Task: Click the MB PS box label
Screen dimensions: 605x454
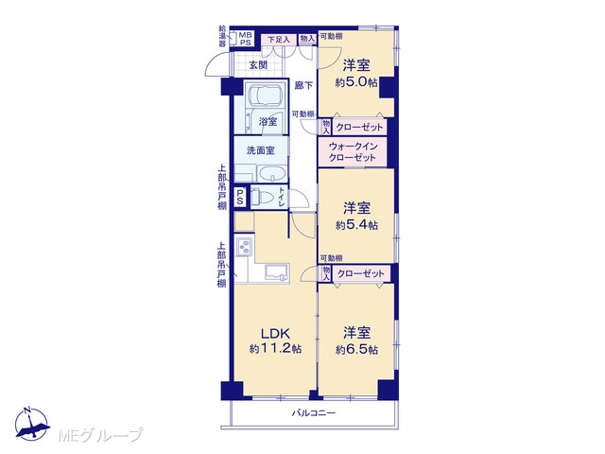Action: (246, 39)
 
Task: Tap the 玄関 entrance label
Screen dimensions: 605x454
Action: (258, 65)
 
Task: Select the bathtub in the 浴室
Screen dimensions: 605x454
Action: (266, 96)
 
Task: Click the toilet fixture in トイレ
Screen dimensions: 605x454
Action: (262, 198)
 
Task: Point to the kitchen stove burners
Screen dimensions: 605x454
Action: (245, 246)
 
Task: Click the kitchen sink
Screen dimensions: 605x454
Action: (277, 272)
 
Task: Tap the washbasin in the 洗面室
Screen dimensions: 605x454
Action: (273, 174)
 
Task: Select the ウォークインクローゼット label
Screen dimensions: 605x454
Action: (353, 152)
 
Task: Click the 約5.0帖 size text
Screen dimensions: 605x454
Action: (356, 82)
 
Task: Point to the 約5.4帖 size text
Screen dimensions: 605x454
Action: (356, 225)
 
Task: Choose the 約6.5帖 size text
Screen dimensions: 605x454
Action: (356, 350)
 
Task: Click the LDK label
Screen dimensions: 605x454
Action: (275, 333)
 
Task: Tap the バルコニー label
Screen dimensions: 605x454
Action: (313, 413)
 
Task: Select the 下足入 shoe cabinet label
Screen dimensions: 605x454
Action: (278, 40)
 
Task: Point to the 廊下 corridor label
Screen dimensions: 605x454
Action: (303, 85)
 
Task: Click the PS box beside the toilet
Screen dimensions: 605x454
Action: (240, 197)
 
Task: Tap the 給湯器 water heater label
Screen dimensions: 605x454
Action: (222, 36)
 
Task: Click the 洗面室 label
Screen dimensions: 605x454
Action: (261, 150)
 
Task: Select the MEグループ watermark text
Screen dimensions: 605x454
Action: (100, 435)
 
